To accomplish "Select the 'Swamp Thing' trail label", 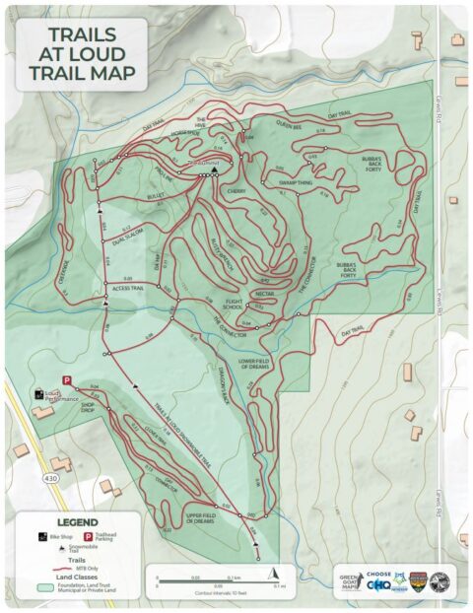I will pos(295,183).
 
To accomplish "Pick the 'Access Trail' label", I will pos(128,288).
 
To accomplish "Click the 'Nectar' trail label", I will pos(264,293).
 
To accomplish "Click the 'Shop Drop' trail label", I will pos(93,403).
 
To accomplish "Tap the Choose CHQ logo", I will pos(379,582).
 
